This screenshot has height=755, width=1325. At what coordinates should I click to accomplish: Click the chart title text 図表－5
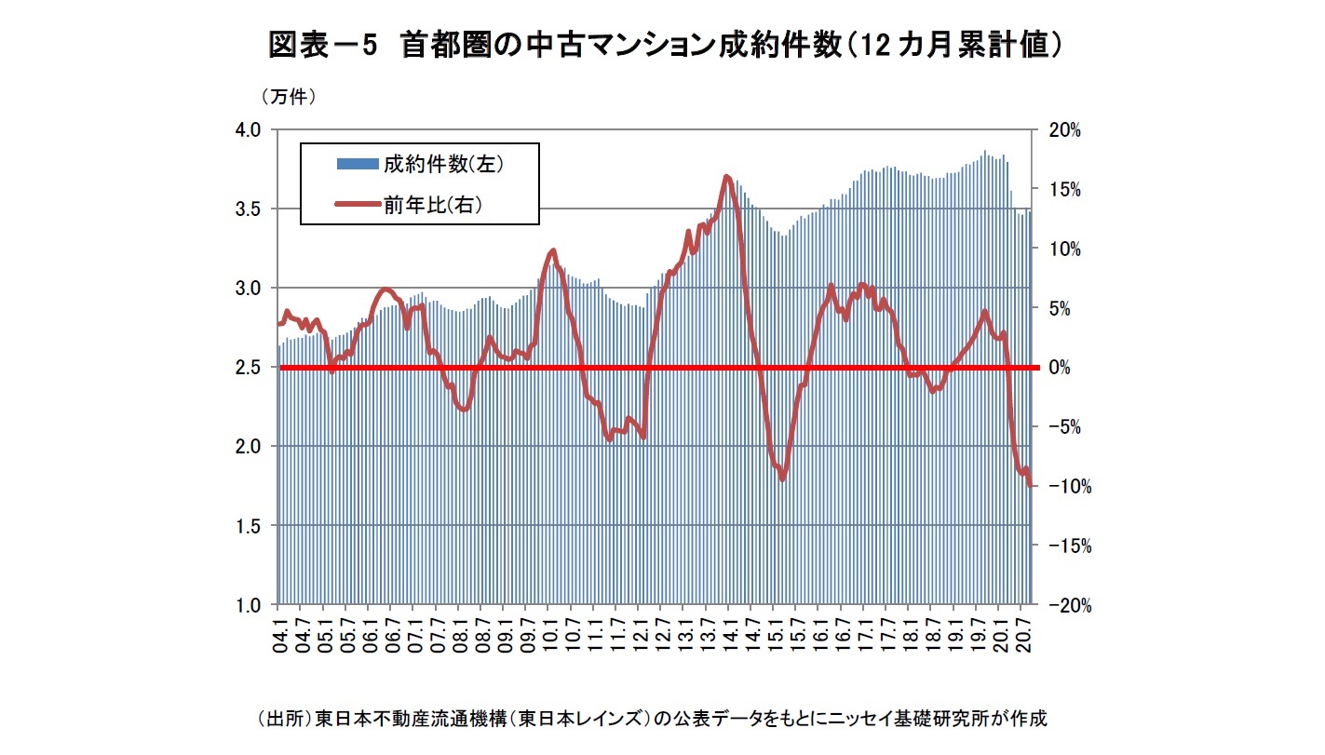coord(321,44)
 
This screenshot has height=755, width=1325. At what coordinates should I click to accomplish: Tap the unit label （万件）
coord(290,97)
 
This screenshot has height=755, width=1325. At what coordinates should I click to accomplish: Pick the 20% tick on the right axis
coord(1062,130)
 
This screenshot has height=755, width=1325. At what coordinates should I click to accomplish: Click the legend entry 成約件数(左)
coord(443,164)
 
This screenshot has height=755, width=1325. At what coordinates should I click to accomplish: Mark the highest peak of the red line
coord(726,176)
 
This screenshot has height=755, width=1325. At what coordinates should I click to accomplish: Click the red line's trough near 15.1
coord(783,479)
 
